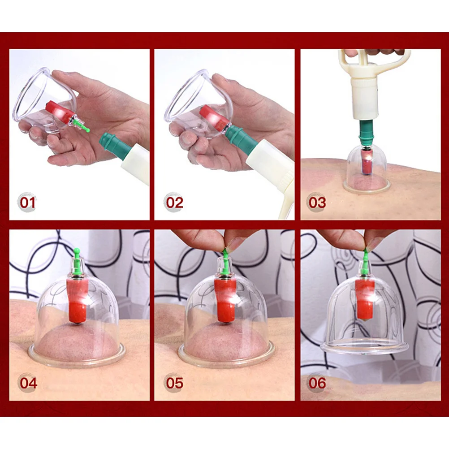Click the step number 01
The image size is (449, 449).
pos(27,203)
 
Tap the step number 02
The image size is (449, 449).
pos(174,203)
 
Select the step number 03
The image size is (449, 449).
pos(317,203)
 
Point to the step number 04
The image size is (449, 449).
pos(28,383)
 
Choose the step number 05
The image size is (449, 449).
pos(174,383)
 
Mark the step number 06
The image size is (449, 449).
pos(317,383)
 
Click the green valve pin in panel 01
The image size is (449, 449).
pos(81,125)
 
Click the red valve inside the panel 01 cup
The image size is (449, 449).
pos(60,112)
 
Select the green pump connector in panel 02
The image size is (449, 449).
pos(240,137)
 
